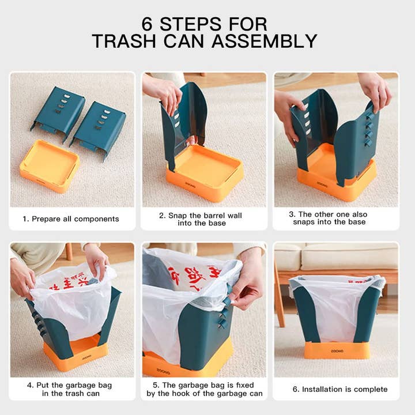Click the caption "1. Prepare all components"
tap(71, 219)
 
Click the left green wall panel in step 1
tap(58, 113)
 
